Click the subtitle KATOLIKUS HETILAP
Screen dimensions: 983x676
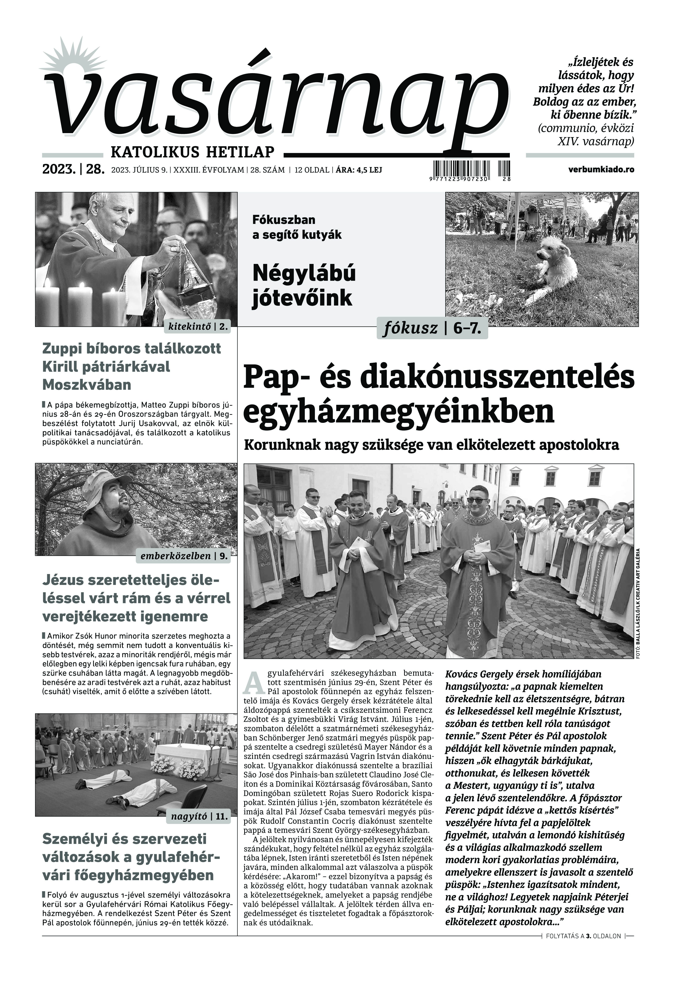(x=192, y=151)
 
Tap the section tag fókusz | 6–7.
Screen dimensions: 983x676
(x=432, y=328)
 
